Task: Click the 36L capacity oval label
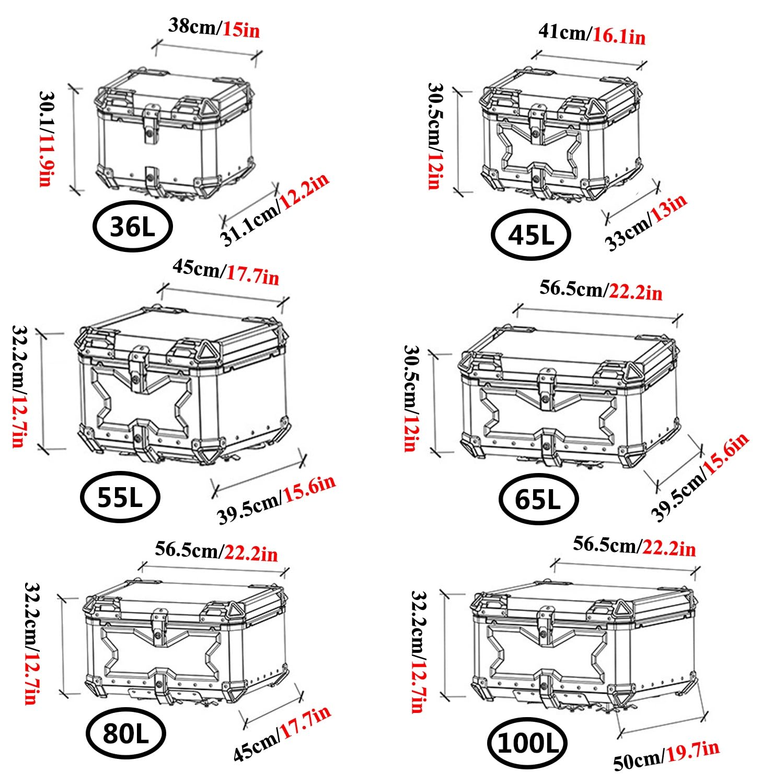coord(132,227)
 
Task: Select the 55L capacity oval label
coord(120,497)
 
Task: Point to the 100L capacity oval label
coord(527,743)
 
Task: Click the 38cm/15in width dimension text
coord(214,28)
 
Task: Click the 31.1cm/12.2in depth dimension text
coord(275,209)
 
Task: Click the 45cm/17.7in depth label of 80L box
coord(281,733)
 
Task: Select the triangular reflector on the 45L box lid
coord(595,108)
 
